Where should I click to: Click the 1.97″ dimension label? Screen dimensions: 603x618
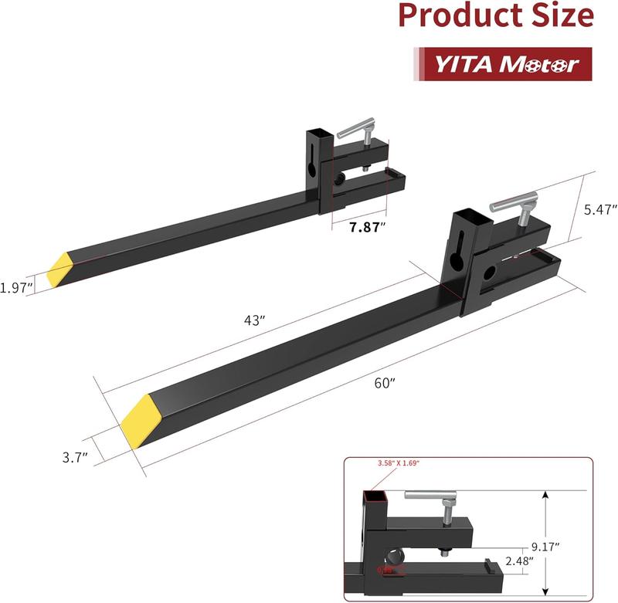pos(16,287)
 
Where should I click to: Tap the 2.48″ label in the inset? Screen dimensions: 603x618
pos(517,561)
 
